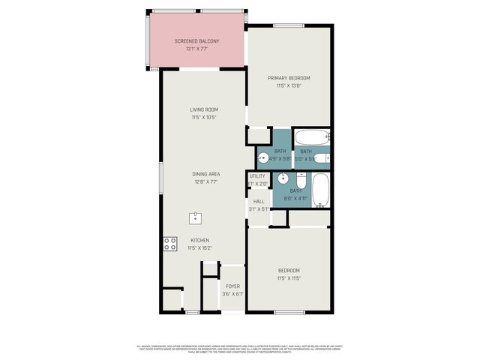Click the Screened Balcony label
[x=196, y=40]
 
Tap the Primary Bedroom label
[x=289, y=78]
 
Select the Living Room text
[x=203, y=109]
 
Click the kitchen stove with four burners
[x=170, y=244]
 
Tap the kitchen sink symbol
[x=196, y=218]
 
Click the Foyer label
[x=232, y=286]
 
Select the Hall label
[x=259, y=201]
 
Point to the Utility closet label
[x=258, y=176]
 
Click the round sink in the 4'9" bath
[x=263, y=157]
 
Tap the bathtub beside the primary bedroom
[x=310, y=137]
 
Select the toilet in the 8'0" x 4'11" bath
[x=301, y=181]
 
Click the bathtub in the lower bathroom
[x=320, y=190]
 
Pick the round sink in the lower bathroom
[x=283, y=178]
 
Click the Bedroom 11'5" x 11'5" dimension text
[x=289, y=277]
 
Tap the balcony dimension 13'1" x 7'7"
[x=196, y=48]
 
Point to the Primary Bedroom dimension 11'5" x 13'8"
[x=289, y=85]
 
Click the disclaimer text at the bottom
[x=240, y=347]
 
